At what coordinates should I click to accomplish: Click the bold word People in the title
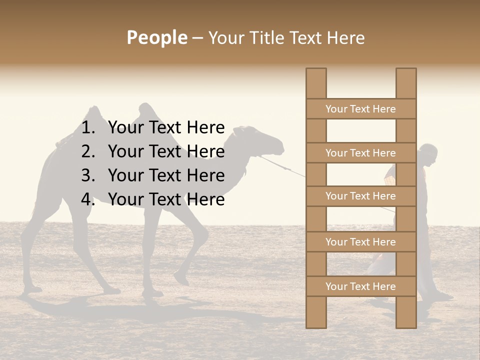point(157,38)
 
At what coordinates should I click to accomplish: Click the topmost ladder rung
point(360,109)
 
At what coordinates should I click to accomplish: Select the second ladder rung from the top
point(360,153)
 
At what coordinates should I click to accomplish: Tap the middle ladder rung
point(360,196)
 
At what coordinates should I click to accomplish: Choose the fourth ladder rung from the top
point(360,242)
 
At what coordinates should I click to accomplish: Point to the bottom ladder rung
point(360,286)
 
